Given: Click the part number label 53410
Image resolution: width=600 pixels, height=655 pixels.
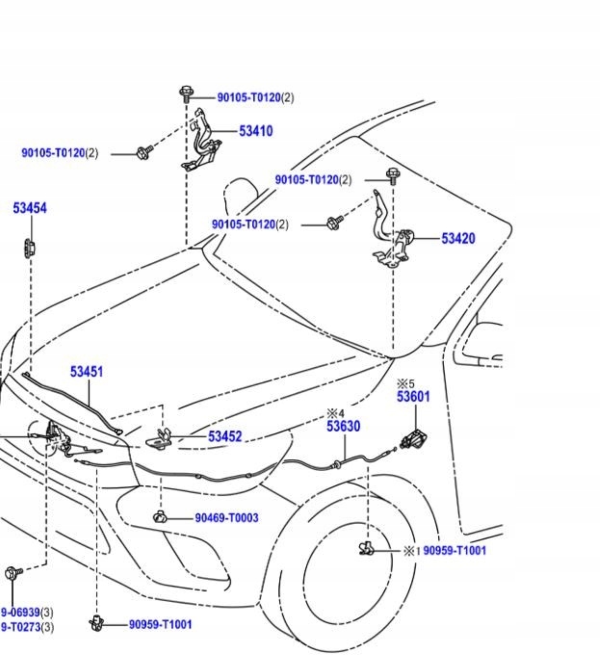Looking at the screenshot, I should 255,131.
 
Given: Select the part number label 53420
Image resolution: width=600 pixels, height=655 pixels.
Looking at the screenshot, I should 457,238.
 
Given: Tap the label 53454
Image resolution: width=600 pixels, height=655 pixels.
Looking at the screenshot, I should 30,208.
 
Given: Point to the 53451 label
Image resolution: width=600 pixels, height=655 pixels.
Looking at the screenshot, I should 87,372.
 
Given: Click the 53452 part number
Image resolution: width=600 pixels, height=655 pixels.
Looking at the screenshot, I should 224,436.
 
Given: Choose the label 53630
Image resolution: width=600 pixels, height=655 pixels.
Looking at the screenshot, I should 343,427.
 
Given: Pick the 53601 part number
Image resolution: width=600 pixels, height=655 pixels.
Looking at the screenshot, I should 413,397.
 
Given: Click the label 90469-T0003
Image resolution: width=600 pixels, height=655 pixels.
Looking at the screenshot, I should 226,518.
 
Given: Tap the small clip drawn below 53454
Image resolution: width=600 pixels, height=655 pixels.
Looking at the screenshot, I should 30,247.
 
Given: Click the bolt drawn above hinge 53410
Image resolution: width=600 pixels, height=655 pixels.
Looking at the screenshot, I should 185,94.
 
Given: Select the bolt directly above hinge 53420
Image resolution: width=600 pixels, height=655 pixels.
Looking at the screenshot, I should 392,176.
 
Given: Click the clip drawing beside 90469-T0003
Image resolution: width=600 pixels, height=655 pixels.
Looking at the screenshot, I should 161,517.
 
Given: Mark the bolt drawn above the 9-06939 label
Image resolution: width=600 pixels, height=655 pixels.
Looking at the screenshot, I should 13,574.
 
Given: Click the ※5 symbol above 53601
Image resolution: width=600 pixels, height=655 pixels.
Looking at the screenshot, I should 405,383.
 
